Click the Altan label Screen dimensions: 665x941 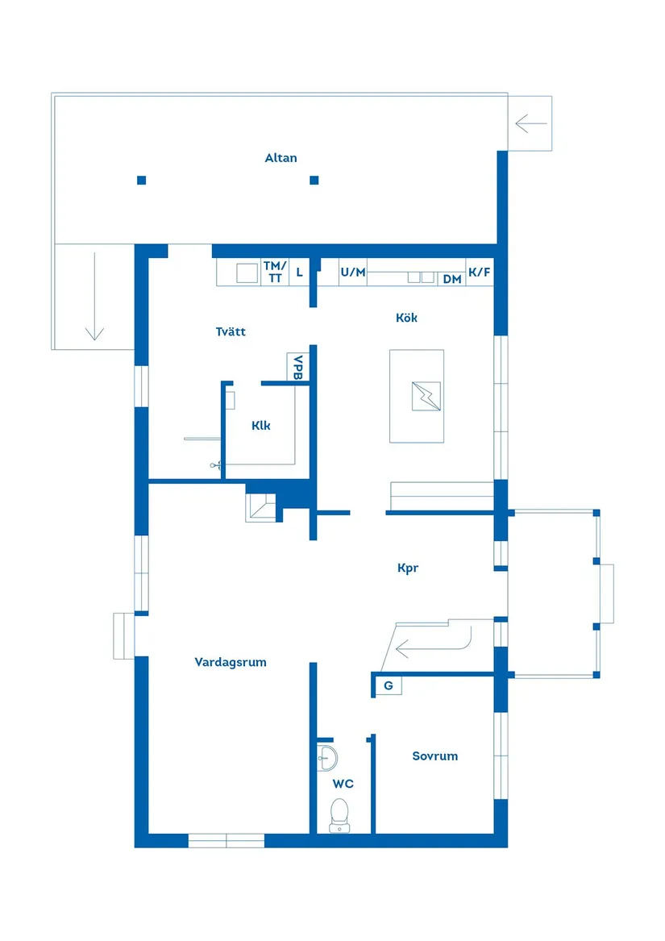[281, 158]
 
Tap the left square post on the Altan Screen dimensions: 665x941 [142, 180]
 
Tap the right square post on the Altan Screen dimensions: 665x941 [314, 180]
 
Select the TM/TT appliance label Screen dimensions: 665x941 [275, 272]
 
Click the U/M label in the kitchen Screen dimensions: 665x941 [353, 273]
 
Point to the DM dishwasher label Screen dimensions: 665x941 [452, 279]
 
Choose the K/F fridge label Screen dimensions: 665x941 [479, 273]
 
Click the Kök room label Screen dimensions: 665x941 [406, 318]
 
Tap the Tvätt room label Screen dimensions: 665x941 [231, 331]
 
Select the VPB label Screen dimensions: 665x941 [297, 367]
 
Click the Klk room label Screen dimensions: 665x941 [260, 426]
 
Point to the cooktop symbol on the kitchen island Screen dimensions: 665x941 [426, 396]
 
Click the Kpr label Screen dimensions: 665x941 [408, 568]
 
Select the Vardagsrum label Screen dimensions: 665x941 [231, 662]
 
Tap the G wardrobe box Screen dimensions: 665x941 [389, 685]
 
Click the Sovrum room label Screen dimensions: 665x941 [434, 756]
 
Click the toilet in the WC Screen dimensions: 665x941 [339, 815]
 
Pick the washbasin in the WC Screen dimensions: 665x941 [327, 759]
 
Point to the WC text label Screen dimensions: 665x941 [343, 784]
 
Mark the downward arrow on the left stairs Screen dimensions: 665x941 [94, 297]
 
